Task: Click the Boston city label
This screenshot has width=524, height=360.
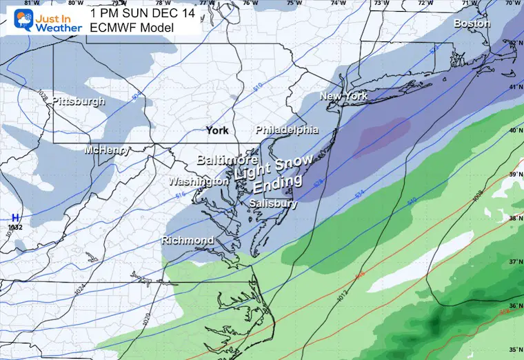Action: click(x=472, y=23)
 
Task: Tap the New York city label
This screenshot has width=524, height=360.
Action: click(x=343, y=97)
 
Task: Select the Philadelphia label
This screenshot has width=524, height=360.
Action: click(x=287, y=130)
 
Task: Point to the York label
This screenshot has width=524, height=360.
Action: click(x=218, y=130)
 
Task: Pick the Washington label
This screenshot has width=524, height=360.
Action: click(x=199, y=181)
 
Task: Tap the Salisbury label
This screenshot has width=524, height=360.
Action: click(x=274, y=204)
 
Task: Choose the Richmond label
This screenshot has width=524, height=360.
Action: click(x=187, y=241)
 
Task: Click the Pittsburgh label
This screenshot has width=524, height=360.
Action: click(x=79, y=101)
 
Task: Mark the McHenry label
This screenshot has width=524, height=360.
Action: click(x=105, y=150)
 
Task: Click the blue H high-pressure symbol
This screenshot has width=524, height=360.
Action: click(x=14, y=217)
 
